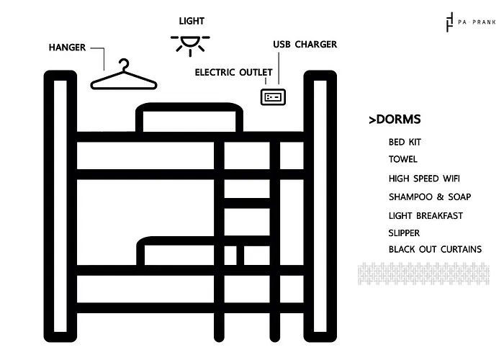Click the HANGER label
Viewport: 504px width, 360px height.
pyautogui.click(x=67, y=48)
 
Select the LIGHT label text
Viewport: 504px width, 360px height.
pyautogui.click(x=192, y=21)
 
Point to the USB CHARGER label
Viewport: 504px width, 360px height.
pyautogui.click(x=305, y=45)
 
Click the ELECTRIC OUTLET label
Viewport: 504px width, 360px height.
pyautogui.click(x=234, y=72)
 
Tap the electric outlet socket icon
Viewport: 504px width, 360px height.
pyautogui.click(x=273, y=96)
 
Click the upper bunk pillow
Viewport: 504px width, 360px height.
pyautogui.click(x=189, y=117)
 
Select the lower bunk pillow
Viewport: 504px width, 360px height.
pyautogui.click(x=176, y=251)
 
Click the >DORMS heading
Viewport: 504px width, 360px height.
pyautogui.click(x=395, y=120)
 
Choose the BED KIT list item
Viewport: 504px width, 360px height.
pyautogui.click(x=405, y=142)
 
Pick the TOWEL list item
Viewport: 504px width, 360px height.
pyautogui.click(x=402, y=159)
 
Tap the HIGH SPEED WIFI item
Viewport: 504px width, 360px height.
pyautogui.click(x=424, y=179)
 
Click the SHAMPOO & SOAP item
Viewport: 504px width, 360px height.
pyautogui.click(x=430, y=197)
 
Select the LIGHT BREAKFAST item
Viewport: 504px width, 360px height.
pyautogui.click(x=426, y=216)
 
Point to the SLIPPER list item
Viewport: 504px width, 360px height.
pyautogui.click(x=404, y=233)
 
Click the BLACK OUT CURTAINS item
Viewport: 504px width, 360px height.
pyautogui.click(x=435, y=249)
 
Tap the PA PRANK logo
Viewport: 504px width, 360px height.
pyautogui.click(x=471, y=22)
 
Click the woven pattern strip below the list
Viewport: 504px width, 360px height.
pyautogui.click(x=423, y=274)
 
